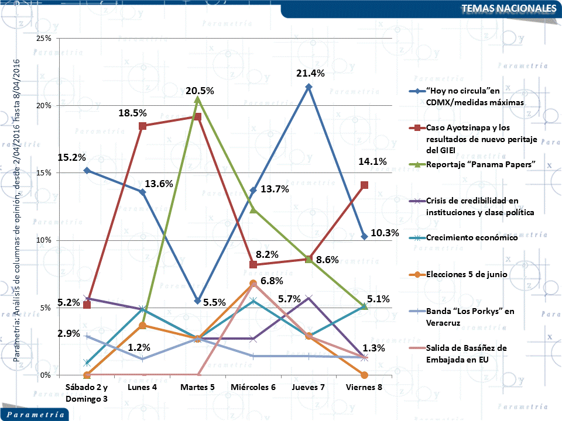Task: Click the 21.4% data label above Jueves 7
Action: click(309, 73)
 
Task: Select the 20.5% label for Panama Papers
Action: click(199, 91)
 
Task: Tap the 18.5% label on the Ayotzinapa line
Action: click(134, 113)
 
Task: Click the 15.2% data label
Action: click(72, 157)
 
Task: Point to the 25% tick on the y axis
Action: click(44, 38)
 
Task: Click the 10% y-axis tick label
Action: click(44, 240)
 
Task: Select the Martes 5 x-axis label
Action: click(197, 388)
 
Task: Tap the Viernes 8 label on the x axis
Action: click(364, 388)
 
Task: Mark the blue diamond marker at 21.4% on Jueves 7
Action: click(309, 87)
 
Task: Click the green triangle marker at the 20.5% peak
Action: click(198, 100)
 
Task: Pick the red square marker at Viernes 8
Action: click(364, 185)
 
